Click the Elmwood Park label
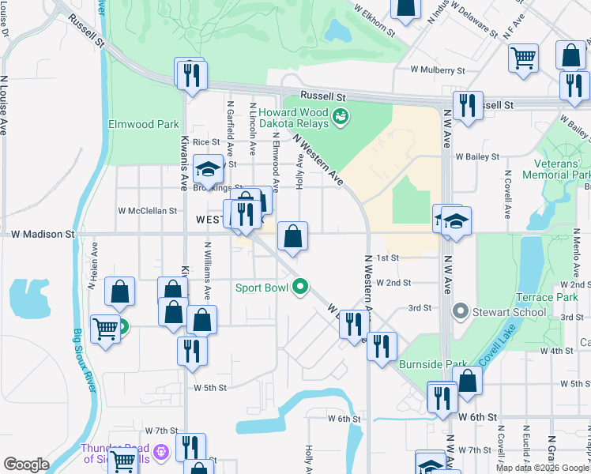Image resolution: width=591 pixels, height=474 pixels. point(144,124)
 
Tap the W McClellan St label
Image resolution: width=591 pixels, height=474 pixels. point(147,211)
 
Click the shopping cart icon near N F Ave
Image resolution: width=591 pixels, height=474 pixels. point(523,58)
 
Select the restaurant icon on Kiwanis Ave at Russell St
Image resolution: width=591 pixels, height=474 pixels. point(192,76)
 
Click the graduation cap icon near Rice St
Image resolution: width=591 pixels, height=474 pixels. point(208,168)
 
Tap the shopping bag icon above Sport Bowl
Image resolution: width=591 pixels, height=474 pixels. point(292,236)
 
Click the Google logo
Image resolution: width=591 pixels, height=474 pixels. point(26,465)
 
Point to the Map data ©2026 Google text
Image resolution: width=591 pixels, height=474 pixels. point(542,468)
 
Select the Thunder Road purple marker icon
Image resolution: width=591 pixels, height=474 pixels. point(161,452)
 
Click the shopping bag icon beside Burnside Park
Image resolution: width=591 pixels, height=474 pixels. point(468,381)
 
